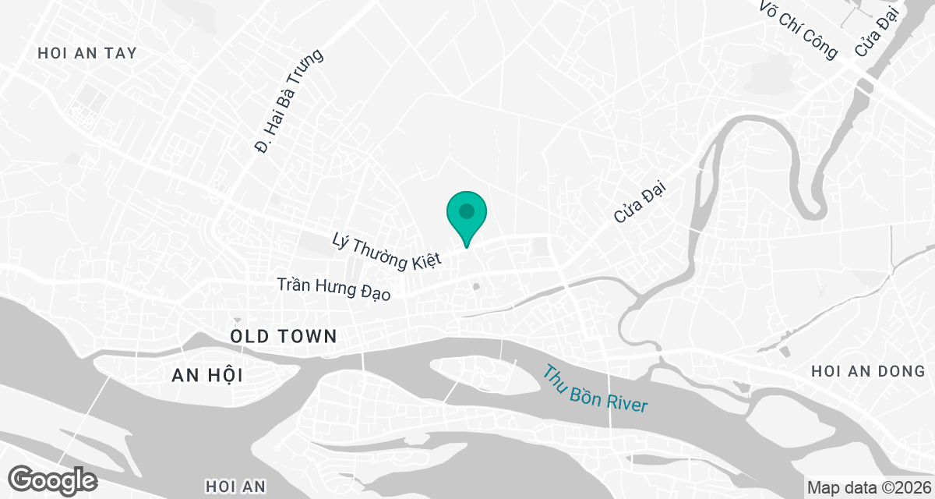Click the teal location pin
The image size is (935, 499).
(x=467, y=218)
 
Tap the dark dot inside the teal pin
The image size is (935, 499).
(x=467, y=211)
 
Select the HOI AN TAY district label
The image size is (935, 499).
(x=87, y=53)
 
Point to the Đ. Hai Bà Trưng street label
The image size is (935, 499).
(x=289, y=101)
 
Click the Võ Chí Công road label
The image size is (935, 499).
(x=799, y=29)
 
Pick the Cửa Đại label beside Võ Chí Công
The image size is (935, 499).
(x=877, y=29)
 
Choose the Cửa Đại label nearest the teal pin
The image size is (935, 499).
(x=642, y=201)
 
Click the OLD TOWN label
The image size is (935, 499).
(x=284, y=337)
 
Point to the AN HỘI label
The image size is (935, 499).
(x=207, y=376)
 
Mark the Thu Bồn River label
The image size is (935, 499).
(x=595, y=388)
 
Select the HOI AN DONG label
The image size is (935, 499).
(x=867, y=372)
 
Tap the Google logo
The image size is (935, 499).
(x=53, y=479)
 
